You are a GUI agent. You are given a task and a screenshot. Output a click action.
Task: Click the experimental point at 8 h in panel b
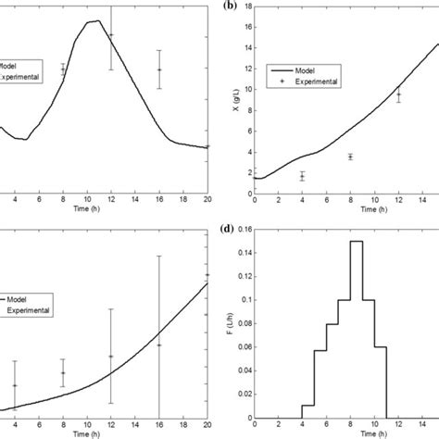point(350,157)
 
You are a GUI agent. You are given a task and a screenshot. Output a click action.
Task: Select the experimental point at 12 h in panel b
point(398,94)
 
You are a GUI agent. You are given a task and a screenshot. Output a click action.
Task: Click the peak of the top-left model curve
point(96,20)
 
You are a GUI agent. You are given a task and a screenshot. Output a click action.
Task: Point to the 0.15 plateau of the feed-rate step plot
point(356,242)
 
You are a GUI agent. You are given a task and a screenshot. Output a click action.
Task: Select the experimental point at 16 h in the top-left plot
point(159,70)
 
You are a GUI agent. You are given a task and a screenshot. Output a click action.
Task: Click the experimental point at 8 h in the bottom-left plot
point(63,372)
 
